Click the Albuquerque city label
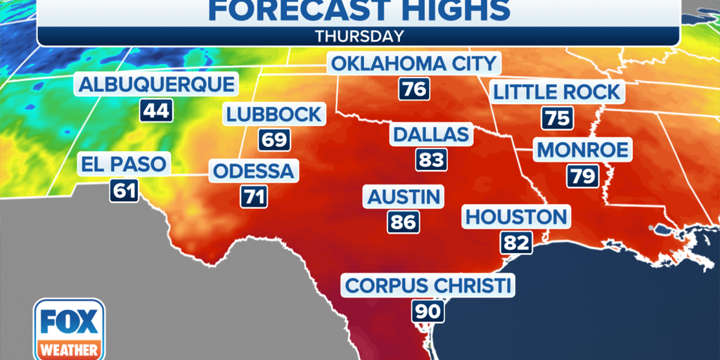pyautogui.click(x=156, y=85)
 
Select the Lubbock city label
pyautogui.click(x=274, y=115)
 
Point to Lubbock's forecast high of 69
pyautogui.click(x=274, y=139)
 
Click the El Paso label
pyautogui.click(x=124, y=165)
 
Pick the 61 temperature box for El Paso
pyautogui.click(x=124, y=190)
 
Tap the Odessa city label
pyautogui.click(x=255, y=171)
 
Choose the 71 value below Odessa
pyautogui.click(x=255, y=196)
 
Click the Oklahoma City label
pyautogui.click(x=413, y=64)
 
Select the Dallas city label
pyautogui.click(x=431, y=134)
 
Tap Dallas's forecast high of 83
pyautogui.click(x=431, y=160)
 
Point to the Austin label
pyautogui.click(x=404, y=196)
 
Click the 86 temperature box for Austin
pyautogui.click(x=403, y=222)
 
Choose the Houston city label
pyautogui.click(x=516, y=217)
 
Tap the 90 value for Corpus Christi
pyautogui.click(x=427, y=311)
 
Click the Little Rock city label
pyautogui.click(x=557, y=92)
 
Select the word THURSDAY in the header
pyautogui.click(x=359, y=36)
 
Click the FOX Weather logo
pyautogui.click(x=69, y=329)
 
